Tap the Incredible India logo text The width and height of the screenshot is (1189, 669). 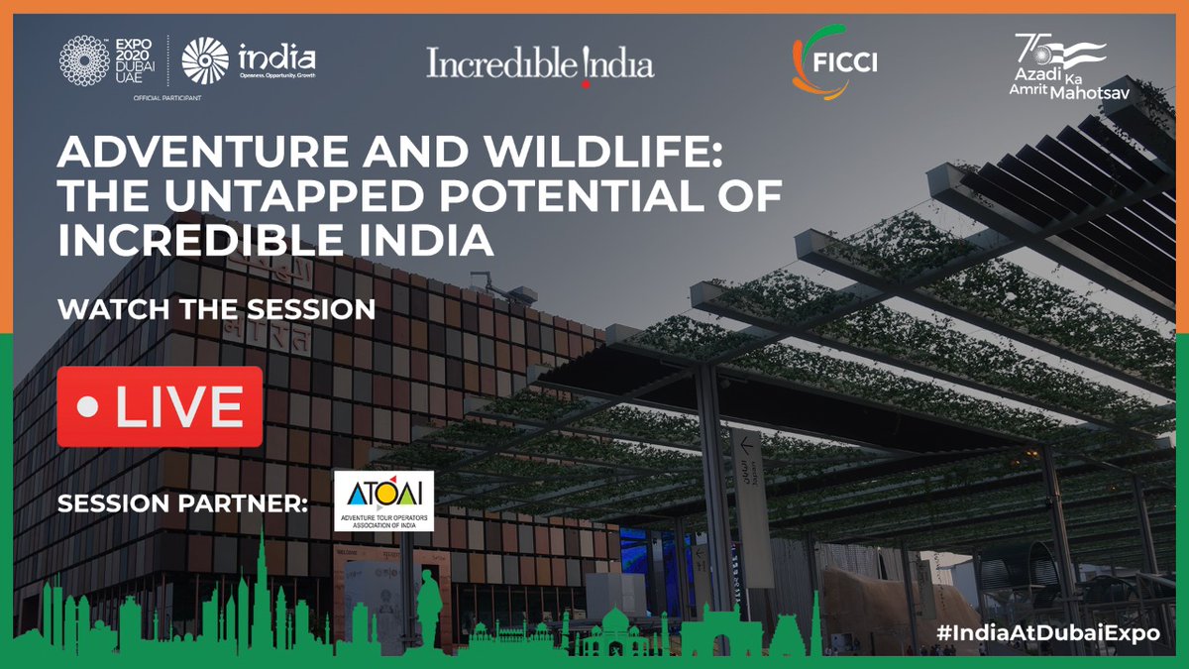pyautogui.click(x=540, y=64)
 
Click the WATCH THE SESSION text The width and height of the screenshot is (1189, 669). pyautogui.click(x=216, y=309)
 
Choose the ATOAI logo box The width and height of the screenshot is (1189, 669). pyautogui.click(x=383, y=501)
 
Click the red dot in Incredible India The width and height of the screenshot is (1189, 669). pyautogui.click(x=585, y=84)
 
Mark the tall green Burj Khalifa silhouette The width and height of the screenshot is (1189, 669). pyautogui.click(x=260, y=595)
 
